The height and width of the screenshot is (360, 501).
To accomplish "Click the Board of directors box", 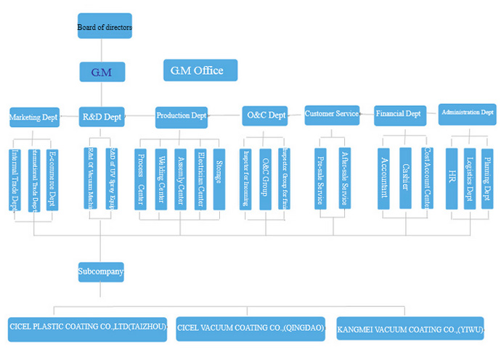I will click(105, 27).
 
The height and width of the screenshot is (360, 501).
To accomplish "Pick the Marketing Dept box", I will click(33, 115).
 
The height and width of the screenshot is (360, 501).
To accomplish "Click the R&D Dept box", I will click(102, 115).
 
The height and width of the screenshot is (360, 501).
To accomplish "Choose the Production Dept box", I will click(182, 115).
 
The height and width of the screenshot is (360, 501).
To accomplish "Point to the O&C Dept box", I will click(265, 115).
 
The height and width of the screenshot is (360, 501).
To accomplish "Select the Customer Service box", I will click(332, 114).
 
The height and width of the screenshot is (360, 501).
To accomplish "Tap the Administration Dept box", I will click(468, 112).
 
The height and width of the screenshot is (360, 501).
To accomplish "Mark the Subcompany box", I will click(101, 273).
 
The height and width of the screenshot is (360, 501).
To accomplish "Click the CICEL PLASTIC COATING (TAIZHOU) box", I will click(88, 328).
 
